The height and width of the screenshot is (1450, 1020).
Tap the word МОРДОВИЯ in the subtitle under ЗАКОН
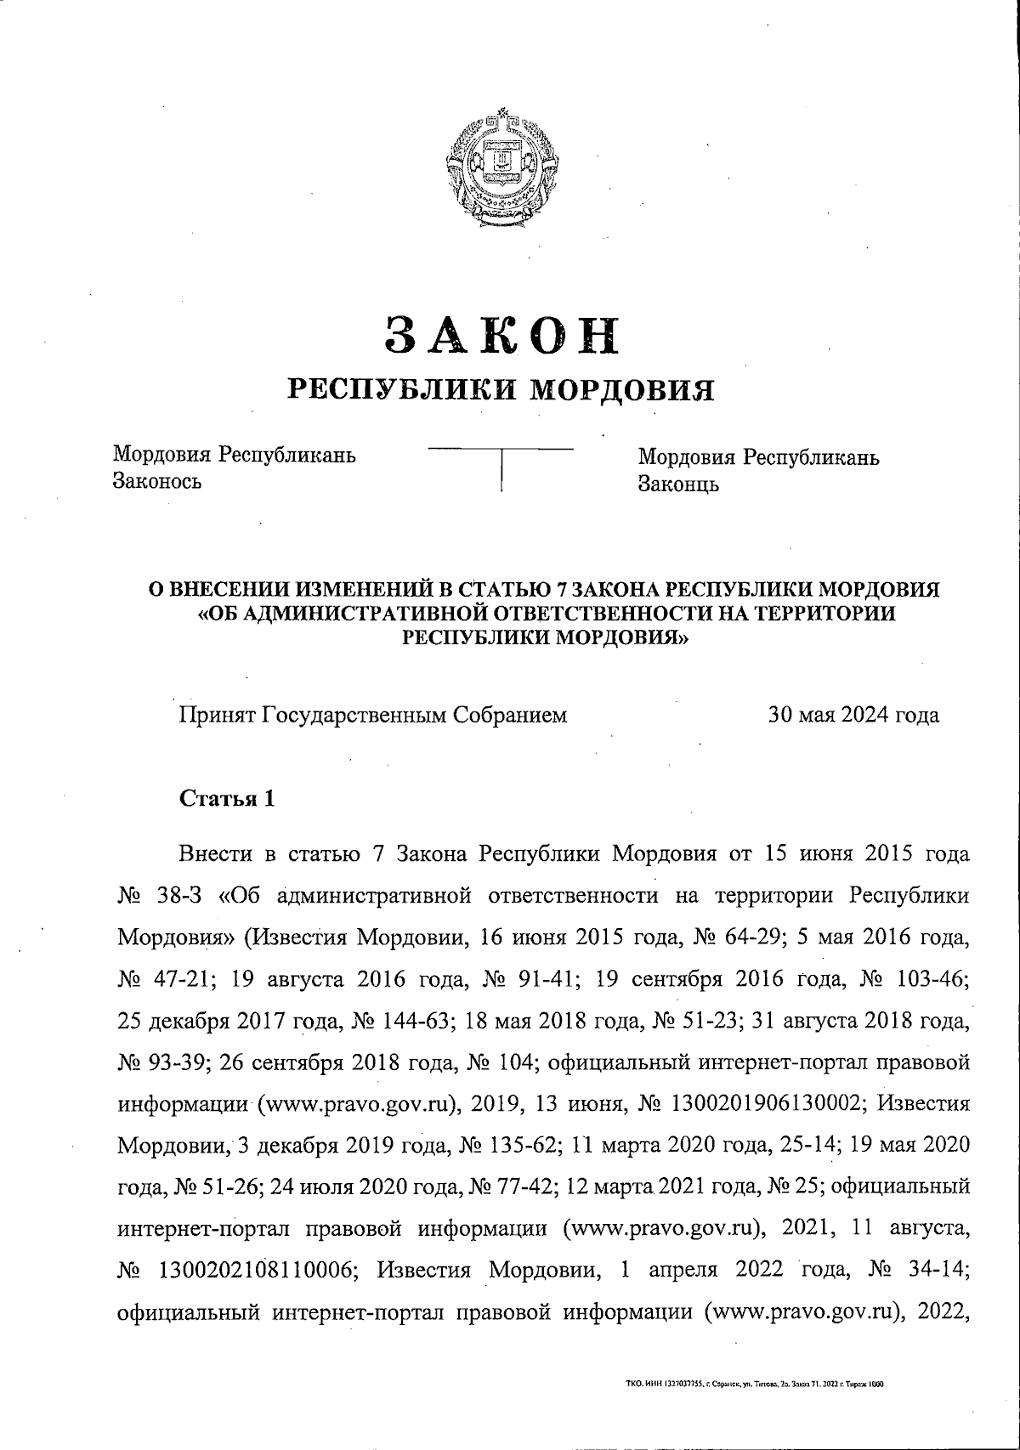click(x=621, y=390)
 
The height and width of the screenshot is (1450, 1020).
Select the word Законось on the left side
click(x=157, y=482)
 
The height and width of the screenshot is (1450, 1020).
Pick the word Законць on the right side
click(x=678, y=484)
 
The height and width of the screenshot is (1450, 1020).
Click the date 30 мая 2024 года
click(x=853, y=715)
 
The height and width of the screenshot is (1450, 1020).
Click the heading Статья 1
click(x=226, y=799)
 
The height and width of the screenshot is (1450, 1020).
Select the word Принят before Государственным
click(x=216, y=715)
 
